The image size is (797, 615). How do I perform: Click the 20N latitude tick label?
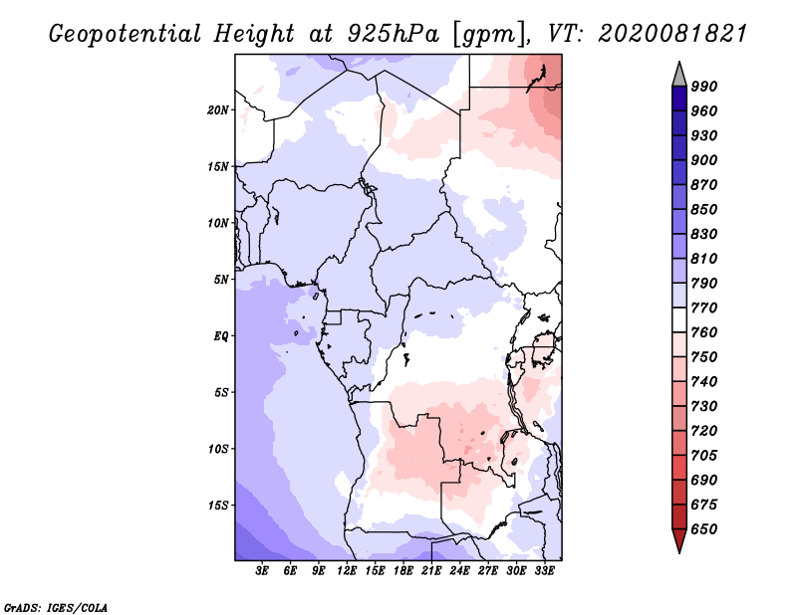tap(218, 110)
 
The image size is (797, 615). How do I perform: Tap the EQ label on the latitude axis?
tap(221, 336)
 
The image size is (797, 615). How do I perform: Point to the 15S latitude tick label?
tap(218, 506)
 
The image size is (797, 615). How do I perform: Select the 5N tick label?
tap(221, 280)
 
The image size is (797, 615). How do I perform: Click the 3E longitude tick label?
tap(262, 571)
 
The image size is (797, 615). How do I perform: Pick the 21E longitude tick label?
tap(431, 571)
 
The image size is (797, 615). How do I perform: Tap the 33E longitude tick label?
tap(544, 571)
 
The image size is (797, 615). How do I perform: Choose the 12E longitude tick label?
tap(347, 571)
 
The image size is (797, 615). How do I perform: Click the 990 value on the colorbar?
tap(704, 87)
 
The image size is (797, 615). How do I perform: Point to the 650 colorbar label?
tap(704, 529)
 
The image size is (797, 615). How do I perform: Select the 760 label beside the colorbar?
tap(704, 332)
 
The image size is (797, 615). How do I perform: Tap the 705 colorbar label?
tap(704, 456)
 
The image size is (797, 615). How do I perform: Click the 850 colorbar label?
tap(704, 209)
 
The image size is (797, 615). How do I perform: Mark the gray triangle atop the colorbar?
tap(679, 76)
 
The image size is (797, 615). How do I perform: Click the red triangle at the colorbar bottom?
tap(679, 540)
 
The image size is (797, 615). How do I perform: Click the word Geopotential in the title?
tap(126, 34)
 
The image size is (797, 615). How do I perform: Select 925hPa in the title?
tap(394, 34)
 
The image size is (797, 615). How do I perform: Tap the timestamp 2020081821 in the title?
tap(672, 34)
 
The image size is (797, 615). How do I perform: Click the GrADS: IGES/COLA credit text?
tap(56, 608)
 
